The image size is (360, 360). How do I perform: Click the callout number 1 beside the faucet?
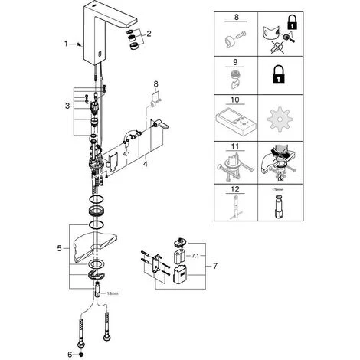(x=66, y=44)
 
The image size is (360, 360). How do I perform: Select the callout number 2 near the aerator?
(x=149, y=34)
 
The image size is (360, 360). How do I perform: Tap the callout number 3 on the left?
(x=67, y=106)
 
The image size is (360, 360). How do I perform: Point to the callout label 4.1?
(x=126, y=154)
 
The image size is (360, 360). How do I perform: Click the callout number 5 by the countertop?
(x=59, y=248)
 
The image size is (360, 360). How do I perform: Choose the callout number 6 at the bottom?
(x=70, y=355)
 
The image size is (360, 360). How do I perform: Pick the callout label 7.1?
(x=195, y=256)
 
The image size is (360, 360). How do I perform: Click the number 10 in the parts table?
(x=234, y=100)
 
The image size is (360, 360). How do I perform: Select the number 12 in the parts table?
(x=235, y=189)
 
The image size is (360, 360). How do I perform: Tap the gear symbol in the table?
(x=280, y=119)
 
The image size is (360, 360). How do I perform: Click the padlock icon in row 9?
(x=279, y=76)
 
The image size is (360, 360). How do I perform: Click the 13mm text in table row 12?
(x=277, y=190)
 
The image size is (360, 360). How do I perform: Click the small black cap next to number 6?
(x=81, y=355)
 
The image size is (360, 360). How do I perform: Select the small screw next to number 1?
(x=80, y=44)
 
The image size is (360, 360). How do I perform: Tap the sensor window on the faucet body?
(x=100, y=53)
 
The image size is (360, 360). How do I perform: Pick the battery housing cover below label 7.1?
(x=181, y=275)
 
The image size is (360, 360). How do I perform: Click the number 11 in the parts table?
(x=235, y=146)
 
